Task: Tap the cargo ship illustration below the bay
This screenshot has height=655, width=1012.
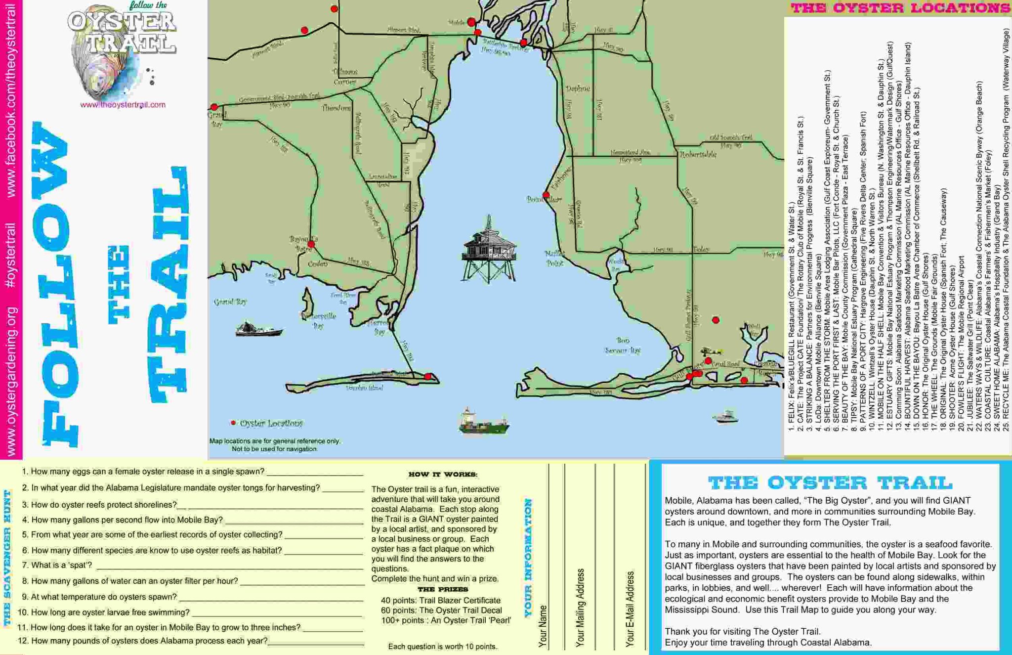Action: [483, 422]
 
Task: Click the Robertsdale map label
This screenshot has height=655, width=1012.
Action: [698, 154]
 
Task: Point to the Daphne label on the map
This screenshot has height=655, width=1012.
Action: [578, 88]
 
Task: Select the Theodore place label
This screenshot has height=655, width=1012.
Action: [336, 108]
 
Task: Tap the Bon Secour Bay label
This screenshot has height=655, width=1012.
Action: [623, 346]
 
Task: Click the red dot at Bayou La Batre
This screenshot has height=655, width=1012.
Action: [311, 244]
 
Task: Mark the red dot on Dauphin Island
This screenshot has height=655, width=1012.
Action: [428, 377]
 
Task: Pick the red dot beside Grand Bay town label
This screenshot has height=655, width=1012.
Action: [214, 107]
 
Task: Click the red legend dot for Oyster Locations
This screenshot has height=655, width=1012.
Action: [233, 423]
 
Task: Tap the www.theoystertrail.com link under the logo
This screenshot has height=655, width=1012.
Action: [123, 105]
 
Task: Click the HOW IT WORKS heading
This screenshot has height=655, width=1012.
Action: [443, 475]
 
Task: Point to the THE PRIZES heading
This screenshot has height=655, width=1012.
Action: [442, 589]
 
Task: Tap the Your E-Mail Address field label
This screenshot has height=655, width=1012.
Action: [630, 609]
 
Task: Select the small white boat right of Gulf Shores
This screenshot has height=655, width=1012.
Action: [725, 417]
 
